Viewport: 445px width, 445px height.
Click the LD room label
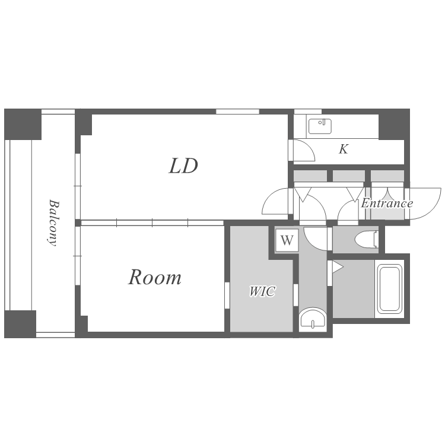tap(183, 166)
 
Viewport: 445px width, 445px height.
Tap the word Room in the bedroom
tap(155, 277)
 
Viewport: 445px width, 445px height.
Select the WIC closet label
tap(262, 291)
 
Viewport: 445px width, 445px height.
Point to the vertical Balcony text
tap(53, 223)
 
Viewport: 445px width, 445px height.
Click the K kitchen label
tap(344, 150)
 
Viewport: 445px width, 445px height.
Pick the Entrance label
tap(387, 204)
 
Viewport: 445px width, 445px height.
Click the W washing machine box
tap(287, 241)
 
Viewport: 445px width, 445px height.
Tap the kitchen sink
tap(320, 126)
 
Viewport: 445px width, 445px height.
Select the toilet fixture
tap(366, 239)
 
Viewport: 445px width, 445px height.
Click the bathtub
tap(389, 289)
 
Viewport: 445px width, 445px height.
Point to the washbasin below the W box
tap(312, 319)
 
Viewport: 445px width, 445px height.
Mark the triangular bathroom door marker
tap(336, 267)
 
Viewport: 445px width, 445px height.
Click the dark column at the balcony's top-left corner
tap(23, 123)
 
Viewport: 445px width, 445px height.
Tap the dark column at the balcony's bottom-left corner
tap(20, 324)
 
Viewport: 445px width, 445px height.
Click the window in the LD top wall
tap(237, 111)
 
